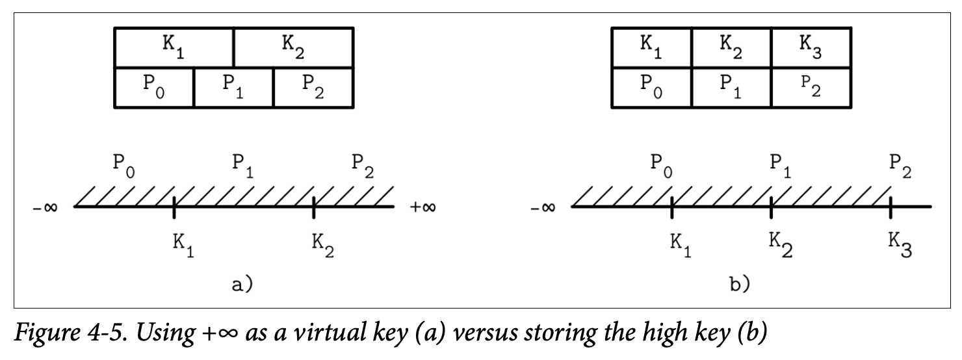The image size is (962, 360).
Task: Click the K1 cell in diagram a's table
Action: (x=174, y=47)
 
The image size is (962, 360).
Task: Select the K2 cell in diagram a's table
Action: (x=293, y=47)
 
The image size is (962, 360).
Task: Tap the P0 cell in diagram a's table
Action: (x=154, y=87)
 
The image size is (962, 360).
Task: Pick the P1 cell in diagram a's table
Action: (x=234, y=87)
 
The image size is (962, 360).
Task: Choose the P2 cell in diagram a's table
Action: (x=313, y=87)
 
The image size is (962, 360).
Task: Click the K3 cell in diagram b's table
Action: (x=811, y=47)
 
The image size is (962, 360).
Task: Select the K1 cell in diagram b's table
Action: (x=651, y=47)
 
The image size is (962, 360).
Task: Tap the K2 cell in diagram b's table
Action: (x=731, y=47)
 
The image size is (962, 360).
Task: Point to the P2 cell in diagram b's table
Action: (x=811, y=87)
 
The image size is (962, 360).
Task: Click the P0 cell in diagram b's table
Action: (x=651, y=87)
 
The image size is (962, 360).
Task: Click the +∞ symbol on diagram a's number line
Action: (x=422, y=208)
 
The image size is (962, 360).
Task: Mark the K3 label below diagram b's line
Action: (x=900, y=244)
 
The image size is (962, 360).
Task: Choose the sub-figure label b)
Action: (x=738, y=285)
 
